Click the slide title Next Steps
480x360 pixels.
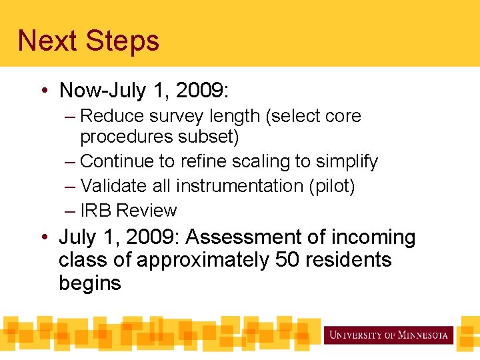point(89,40)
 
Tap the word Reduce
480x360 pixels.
point(108,116)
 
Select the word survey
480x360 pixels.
point(167,116)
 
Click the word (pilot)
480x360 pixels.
point(331,186)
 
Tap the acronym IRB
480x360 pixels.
point(96,211)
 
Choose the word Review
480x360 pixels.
point(147,211)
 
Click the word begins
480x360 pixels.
point(90,283)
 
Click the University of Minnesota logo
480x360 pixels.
point(389,335)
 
